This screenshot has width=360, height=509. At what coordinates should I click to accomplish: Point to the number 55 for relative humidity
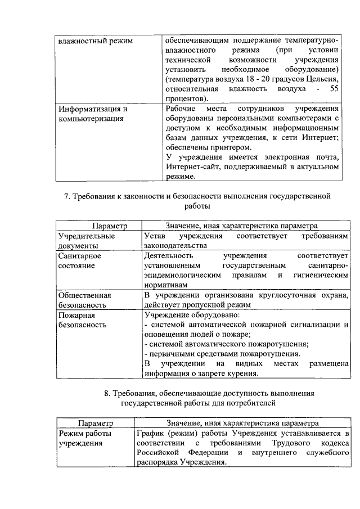[x=334, y=89]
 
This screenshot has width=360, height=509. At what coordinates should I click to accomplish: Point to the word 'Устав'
[x=155, y=236]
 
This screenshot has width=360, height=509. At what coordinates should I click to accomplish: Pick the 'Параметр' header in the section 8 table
[x=96, y=422]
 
